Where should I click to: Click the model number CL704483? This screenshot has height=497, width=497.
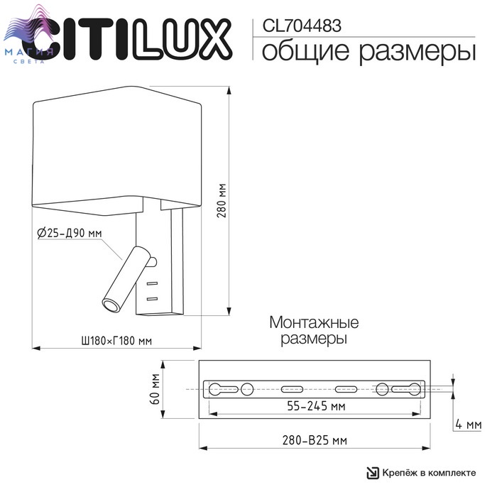(302, 26)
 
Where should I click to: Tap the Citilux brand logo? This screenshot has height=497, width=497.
(127, 39)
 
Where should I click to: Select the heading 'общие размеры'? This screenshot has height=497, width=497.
(368, 52)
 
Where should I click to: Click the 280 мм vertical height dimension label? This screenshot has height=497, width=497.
(222, 200)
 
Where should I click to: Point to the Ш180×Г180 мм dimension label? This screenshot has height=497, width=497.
(116, 341)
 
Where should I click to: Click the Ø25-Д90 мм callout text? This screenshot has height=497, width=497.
(70, 234)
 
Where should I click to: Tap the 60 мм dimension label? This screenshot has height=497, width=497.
(155, 389)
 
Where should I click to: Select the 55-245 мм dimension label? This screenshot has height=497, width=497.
(316, 405)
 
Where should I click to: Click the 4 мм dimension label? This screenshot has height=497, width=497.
(468, 424)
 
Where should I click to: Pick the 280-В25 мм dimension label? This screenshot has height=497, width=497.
(315, 440)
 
